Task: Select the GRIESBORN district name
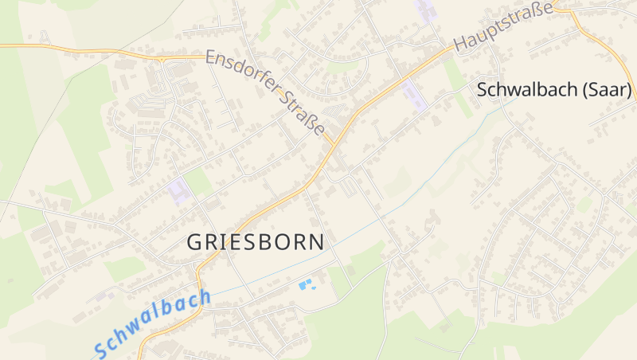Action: (256, 242)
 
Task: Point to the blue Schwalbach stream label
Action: (151, 323)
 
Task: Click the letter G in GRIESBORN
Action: (195, 242)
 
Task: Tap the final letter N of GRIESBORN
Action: (317, 242)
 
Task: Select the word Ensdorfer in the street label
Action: (241, 76)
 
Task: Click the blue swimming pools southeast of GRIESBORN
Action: (306, 284)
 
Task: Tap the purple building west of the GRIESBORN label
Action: (178, 191)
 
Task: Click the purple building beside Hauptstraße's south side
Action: (414, 95)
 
